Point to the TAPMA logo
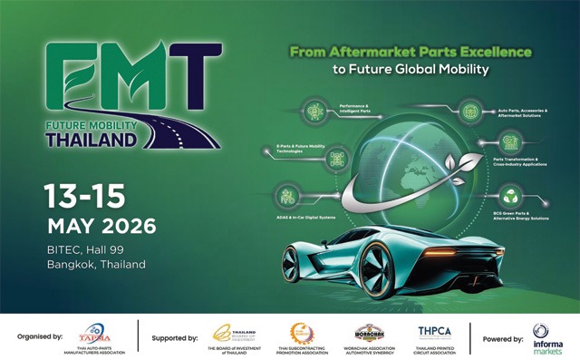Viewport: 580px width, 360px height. [x=94, y=334]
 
